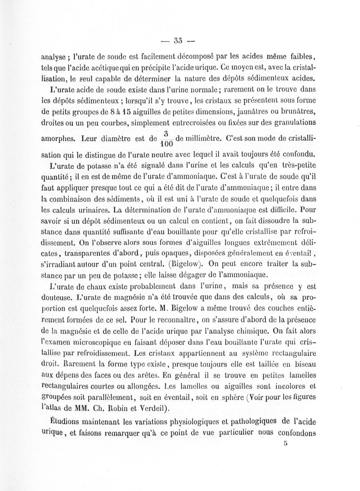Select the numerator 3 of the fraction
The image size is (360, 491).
pos(166,133)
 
